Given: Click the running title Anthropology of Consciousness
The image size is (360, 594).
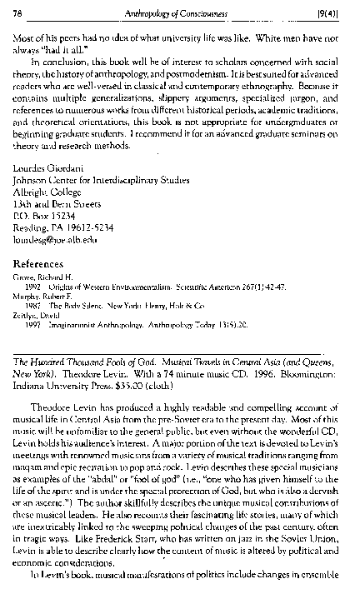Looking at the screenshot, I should click(181, 10).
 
